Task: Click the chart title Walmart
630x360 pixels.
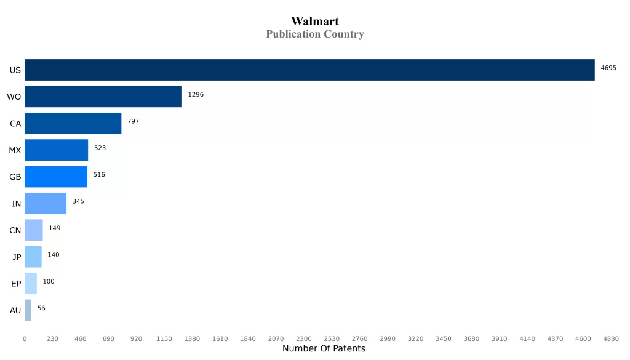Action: click(315, 22)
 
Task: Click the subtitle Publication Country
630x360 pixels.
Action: click(315, 34)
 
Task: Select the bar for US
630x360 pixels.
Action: click(309, 70)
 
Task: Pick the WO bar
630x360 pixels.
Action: click(103, 97)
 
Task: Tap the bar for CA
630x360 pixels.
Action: click(73, 123)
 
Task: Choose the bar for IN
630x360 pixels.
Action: click(46, 203)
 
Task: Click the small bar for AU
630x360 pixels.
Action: click(28, 310)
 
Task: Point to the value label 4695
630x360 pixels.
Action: click(608, 68)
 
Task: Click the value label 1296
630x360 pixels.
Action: click(196, 95)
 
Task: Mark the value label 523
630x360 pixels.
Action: click(100, 148)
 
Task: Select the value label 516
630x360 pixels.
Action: click(99, 175)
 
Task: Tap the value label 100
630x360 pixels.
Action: click(49, 281)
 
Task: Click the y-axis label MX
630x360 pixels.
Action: click(15, 150)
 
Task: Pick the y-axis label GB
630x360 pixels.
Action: click(15, 177)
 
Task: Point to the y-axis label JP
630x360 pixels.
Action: click(17, 257)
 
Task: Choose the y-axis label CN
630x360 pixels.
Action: click(15, 230)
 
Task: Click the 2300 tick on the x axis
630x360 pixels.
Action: click(304, 339)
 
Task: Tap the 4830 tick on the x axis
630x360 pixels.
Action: click(611, 339)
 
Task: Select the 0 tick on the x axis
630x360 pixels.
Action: click(25, 339)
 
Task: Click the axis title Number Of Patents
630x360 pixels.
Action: click(324, 349)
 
